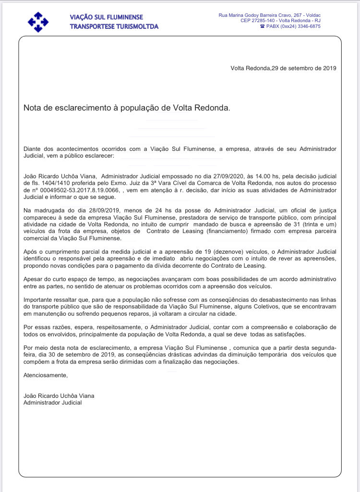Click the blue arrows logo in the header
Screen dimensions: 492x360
(x=38, y=22)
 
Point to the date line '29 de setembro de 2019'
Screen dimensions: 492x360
(x=304, y=68)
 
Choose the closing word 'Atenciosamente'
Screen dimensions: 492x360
(x=46, y=375)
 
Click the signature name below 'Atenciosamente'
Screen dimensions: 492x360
(x=59, y=396)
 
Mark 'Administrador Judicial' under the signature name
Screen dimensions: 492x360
(x=52, y=403)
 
